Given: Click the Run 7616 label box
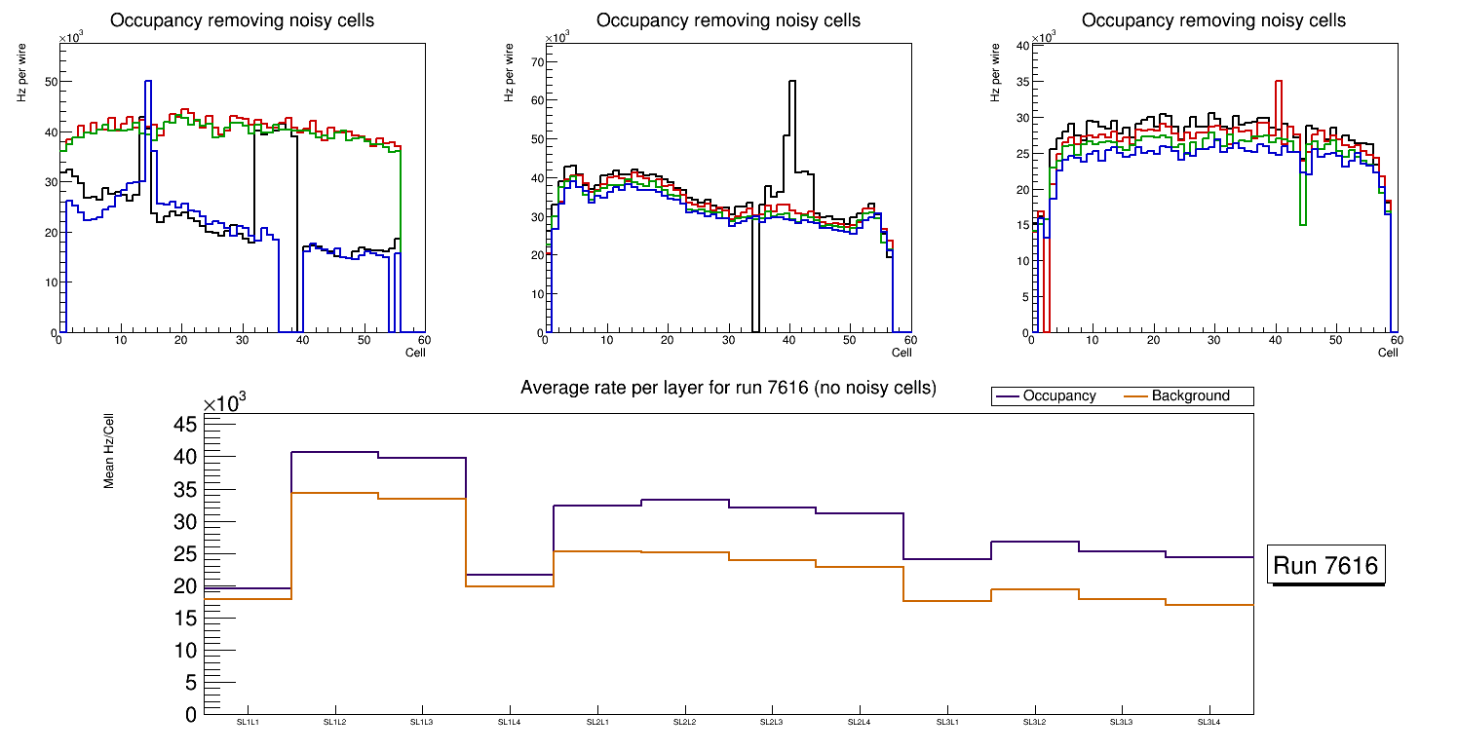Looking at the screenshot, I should click(1326, 565).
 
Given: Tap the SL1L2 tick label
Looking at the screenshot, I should click(334, 722).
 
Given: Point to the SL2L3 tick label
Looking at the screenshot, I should click(772, 722).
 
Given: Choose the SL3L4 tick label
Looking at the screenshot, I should click(1209, 722).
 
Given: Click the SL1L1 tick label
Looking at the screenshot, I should click(248, 722).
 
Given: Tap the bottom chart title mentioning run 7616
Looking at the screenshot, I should click(728, 388).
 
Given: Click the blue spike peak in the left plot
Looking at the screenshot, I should click(147, 82).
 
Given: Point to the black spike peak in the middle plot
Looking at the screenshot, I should click(791, 82).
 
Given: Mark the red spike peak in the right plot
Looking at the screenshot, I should click(1278, 82).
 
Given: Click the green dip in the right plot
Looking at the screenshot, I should click(1302, 224).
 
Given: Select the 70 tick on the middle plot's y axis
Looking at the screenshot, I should click(536, 61).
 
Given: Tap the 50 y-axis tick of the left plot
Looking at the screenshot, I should click(50, 82).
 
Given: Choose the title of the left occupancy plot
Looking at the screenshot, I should click(242, 20).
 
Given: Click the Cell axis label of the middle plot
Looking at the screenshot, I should click(902, 352).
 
